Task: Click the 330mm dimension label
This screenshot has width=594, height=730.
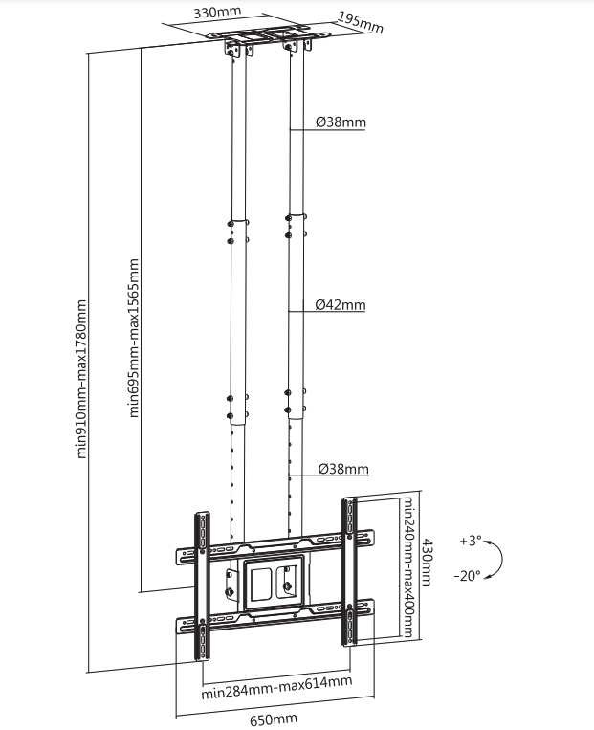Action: pos(217,11)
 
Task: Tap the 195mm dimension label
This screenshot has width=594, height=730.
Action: pos(361,23)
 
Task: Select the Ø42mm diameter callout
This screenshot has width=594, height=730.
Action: pos(341,305)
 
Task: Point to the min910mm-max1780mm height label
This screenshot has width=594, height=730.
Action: pos(81,379)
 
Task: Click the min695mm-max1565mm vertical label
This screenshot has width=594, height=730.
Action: pos(134,338)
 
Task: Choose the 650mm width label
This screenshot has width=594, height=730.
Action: pos(274,719)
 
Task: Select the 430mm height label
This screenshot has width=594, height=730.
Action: pos(426,562)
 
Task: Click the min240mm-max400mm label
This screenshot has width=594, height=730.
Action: pos(407,567)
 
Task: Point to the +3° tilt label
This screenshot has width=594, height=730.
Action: pos(471,541)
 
